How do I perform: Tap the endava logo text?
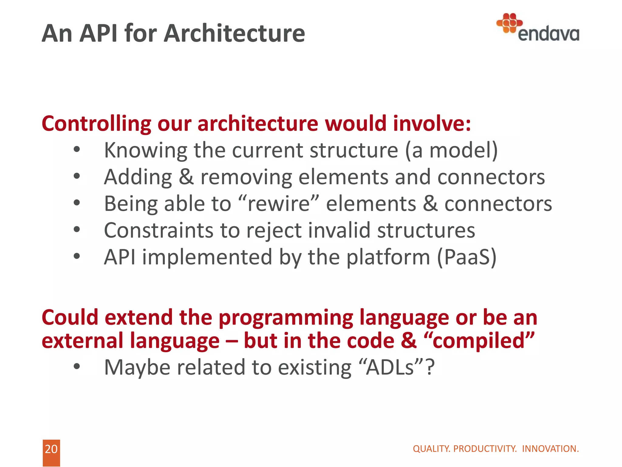[549, 34]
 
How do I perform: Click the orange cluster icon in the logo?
[509, 23]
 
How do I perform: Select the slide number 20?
[51, 449]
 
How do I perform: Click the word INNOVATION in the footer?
[550, 449]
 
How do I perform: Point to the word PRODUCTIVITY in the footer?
[485, 449]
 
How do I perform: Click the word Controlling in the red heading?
[96, 124]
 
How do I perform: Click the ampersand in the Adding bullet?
[186, 177]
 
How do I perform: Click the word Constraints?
[159, 230]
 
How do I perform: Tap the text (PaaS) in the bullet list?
[467, 257]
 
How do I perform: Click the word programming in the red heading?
[286, 318]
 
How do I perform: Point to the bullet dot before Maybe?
[77, 367]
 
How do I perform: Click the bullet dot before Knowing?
[77, 150]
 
